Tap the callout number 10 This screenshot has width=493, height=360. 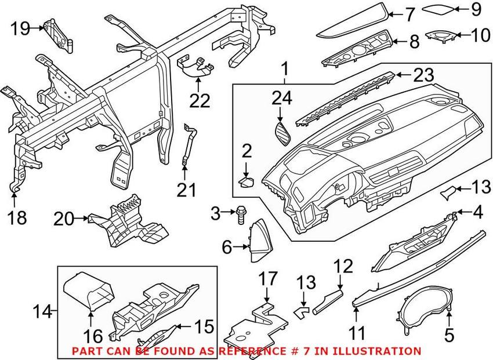[481, 35]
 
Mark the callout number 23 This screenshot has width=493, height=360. [423, 74]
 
